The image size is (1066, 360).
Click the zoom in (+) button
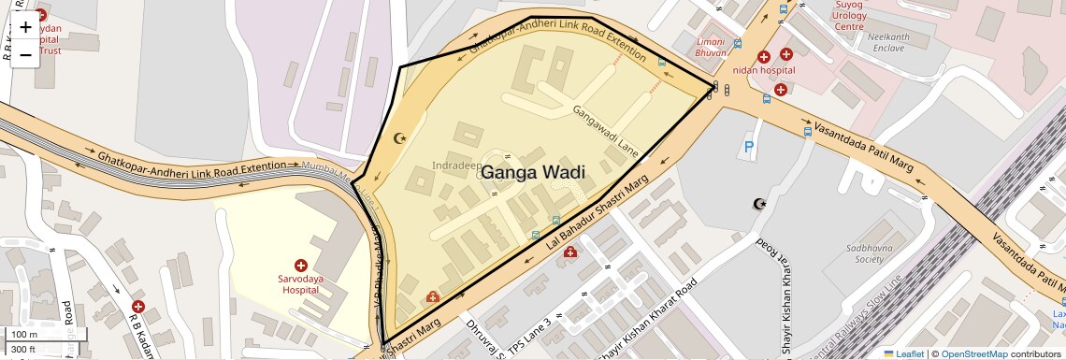point(25,27)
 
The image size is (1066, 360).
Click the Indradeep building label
point(457,166)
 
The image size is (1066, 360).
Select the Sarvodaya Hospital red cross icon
point(301,266)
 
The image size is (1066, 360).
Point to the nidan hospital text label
point(763,70)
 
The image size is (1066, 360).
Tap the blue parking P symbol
point(748,147)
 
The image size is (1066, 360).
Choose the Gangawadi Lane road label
point(606,130)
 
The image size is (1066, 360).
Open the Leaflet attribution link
point(904,353)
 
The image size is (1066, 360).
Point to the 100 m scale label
point(24,335)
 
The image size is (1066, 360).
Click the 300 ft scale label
point(24,350)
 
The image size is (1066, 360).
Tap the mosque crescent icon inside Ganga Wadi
point(402,138)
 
